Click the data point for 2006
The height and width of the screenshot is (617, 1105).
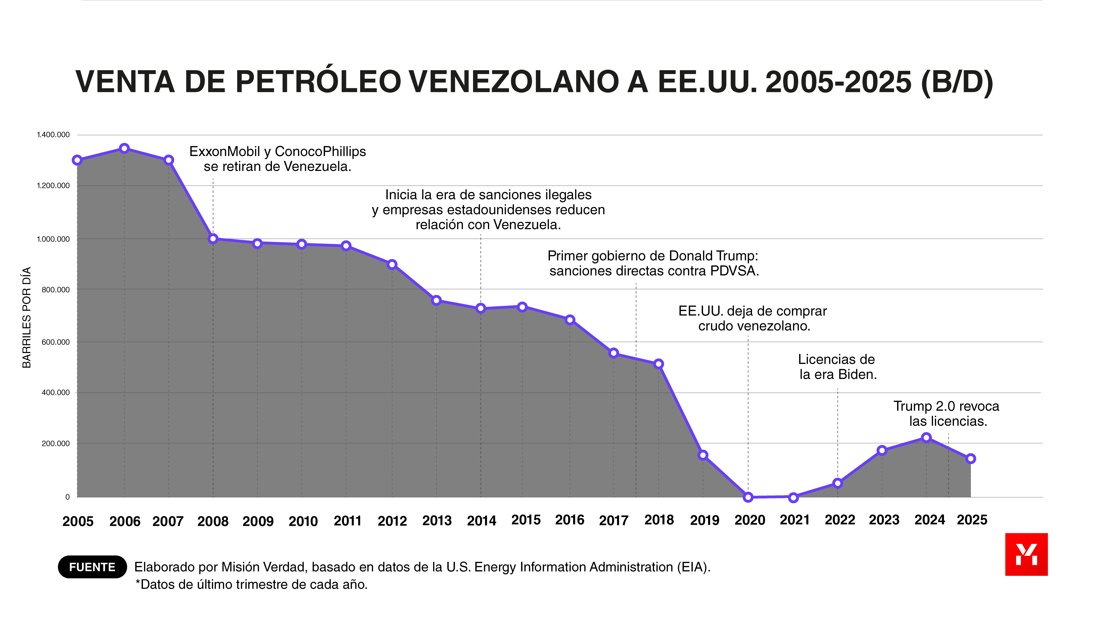coord(124,149)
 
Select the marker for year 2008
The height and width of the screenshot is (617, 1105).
coord(213,239)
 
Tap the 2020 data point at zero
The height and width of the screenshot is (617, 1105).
coord(748,497)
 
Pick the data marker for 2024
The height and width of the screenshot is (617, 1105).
coord(926,438)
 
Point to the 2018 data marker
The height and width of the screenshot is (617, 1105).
coord(659,364)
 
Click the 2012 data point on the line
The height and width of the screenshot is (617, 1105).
coord(392,264)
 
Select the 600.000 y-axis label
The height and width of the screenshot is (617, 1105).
coord(55,342)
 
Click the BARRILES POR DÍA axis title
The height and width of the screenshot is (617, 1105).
coord(27,317)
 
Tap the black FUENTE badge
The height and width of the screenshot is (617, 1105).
coord(92,567)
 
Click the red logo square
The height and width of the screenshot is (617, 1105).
coord(1026,555)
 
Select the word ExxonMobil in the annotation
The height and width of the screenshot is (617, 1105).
coord(224,152)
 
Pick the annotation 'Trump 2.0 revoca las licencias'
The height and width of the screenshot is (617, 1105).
coord(946,413)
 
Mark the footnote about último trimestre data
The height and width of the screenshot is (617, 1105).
coord(251,585)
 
